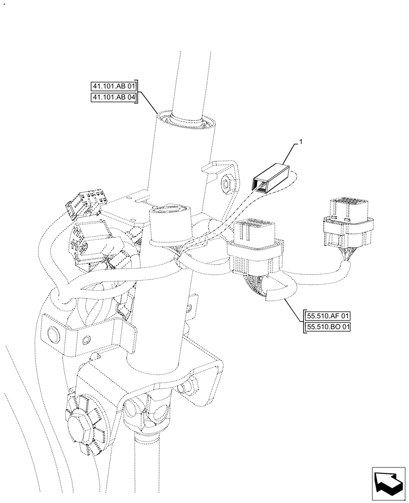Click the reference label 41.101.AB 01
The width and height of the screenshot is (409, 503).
(x=114, y=87)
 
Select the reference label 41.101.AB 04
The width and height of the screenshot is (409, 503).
(x=114, y=98)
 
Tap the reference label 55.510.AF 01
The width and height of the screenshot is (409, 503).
(x=327, y=316)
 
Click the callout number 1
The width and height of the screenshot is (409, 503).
(x=301, y=143)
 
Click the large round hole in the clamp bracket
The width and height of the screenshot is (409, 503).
(x=53, y=334)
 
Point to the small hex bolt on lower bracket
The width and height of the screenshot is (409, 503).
(x=190, y=386)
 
